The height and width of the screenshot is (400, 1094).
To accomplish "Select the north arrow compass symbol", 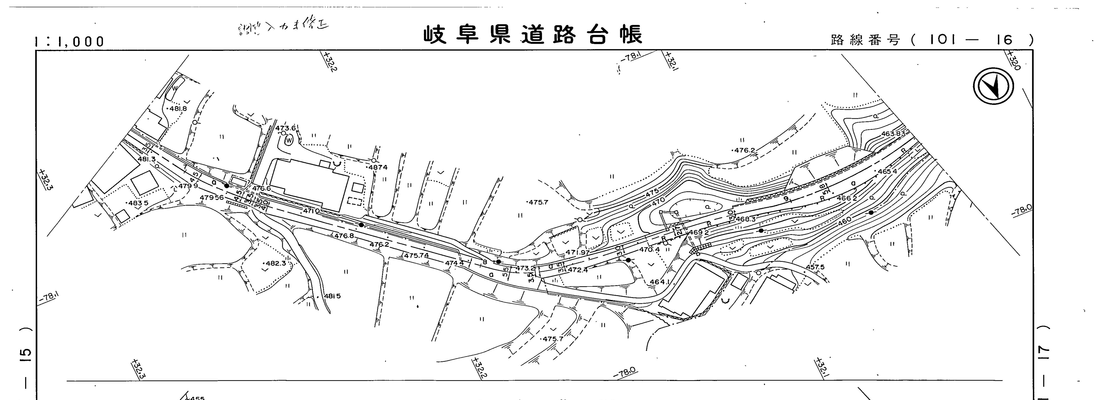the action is click(993, 87).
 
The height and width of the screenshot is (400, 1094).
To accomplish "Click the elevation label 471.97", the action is click(578, 253).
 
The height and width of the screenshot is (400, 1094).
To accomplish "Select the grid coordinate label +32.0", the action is click(1013, 60).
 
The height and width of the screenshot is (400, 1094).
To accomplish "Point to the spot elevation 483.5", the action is click(139, 203).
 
